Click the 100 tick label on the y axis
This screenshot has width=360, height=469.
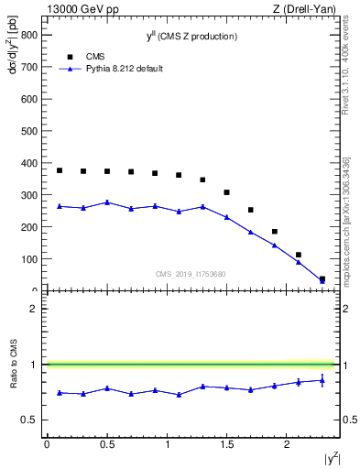point(28,259)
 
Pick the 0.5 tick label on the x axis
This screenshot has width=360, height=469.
point(107,444)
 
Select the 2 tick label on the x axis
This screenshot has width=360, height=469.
point(288,444)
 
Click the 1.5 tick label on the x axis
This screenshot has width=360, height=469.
point(227,444)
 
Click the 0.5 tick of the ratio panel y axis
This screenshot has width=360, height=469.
point(27,420)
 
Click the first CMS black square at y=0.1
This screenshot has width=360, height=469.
point(60,170)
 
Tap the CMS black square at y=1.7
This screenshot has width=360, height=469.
point(251,210)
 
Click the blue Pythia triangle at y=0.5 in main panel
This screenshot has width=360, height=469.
point(107,202)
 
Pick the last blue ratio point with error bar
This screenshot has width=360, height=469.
point(322,380)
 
